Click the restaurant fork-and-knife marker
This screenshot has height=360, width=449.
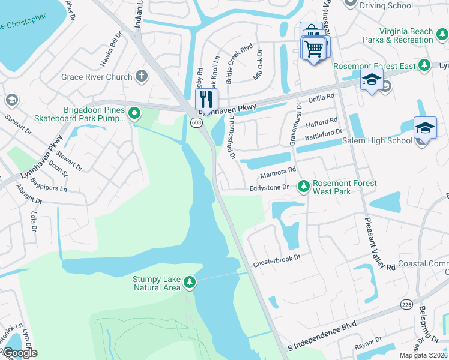coord(206,99)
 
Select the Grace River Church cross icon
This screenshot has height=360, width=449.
coord(142,76)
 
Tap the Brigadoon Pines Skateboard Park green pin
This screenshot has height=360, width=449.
coord(135,113)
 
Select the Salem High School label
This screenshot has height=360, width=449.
coord(376,141)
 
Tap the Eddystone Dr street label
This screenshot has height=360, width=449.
coord(270,188)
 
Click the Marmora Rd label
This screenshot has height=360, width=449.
coord(277,173)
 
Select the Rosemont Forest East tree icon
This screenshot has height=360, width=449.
coord(424,64)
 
